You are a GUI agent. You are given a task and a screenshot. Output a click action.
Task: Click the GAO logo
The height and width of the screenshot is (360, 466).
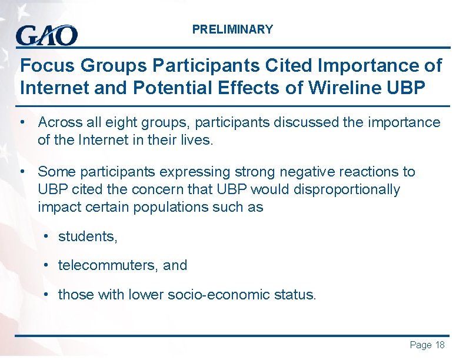click(x=47, y=35)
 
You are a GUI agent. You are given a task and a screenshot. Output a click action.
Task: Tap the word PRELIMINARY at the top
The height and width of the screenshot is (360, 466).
click(x=232, y=29)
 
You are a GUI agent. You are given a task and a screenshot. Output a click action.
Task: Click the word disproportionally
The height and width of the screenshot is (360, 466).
click(x=346, y=190)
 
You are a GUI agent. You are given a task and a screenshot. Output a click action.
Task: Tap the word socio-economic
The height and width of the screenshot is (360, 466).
click(x=215, y=295)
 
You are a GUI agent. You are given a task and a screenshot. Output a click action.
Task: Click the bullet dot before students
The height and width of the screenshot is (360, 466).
click(x=46, y=236)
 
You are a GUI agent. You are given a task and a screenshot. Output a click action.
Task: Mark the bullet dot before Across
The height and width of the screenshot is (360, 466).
click(x=22, y=122)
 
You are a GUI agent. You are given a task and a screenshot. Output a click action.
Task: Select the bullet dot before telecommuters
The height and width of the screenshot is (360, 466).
click(x=46, y=265)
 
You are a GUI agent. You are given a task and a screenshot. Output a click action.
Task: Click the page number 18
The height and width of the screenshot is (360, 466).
click(x=440, y=345)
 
